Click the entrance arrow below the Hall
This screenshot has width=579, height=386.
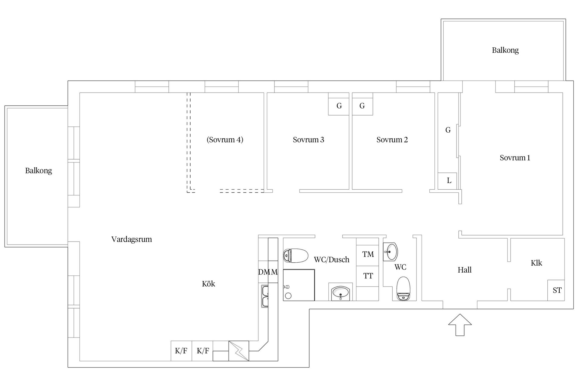pyautogui.click(x=460, y=325)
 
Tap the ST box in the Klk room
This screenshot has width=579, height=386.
pyautogui.click(x=556, y=290)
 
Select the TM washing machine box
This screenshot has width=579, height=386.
pyautogui.click(x=368, y=254)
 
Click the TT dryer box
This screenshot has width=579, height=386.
pyautogui.click(x=368, y=276)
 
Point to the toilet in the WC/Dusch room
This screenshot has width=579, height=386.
pyautogui.click(x=296, y=256)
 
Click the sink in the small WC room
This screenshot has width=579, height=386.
pyautogui.click(x=391, y=251)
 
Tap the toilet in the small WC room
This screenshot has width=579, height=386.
pyautogui.click(x=403, y=289)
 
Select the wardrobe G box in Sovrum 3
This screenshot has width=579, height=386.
pyautogui.click(x=339, y=106)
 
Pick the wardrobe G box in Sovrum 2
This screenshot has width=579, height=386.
pyautogui.click(x=362, y=106)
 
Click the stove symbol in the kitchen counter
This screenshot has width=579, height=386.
pyautogui.click(x=239, y=351)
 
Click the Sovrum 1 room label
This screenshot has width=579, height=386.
pyautogui.click(x=514, y=158)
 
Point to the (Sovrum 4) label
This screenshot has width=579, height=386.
pyautogui.click(x=225, y=140)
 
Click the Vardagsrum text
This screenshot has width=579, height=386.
pyautogui.click(x=131, y=239)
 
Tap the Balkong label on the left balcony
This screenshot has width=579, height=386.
pyautogui.click(x=38, y=171)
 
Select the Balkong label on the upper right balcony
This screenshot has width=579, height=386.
pyautogui.click(x=505, y=50)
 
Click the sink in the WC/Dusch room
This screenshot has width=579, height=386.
pyautogui.click(x=340, y=292)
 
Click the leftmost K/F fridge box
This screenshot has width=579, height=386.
pyautogui.click(x=181, y=351)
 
